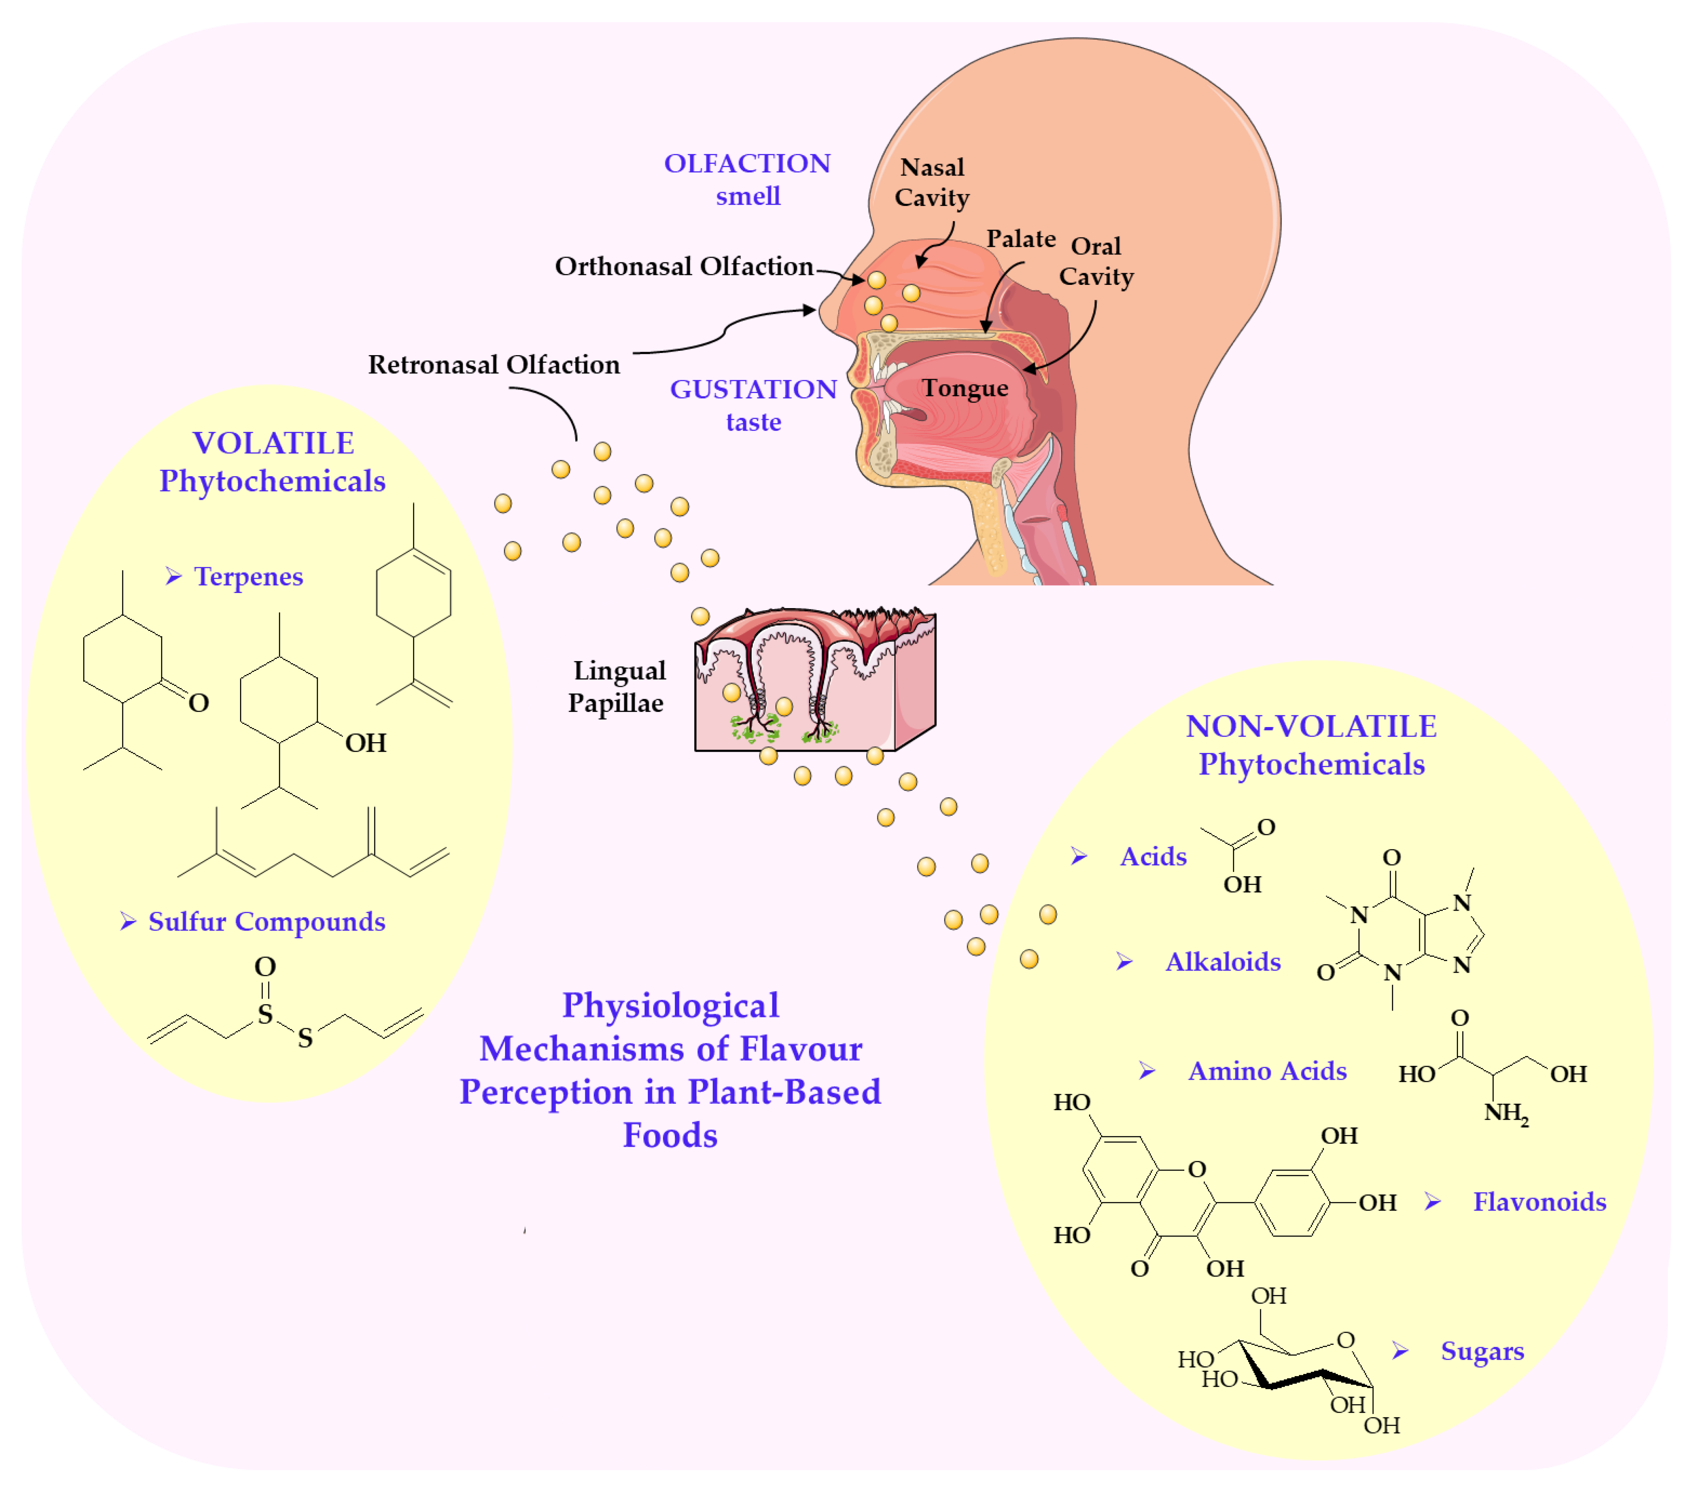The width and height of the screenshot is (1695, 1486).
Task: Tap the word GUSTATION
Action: (753, 389)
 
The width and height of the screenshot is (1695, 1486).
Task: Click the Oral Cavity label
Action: (1096, 261)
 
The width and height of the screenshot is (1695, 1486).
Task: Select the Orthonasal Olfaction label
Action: (684, 266)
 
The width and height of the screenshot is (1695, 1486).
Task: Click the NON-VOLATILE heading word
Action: (1310, 727)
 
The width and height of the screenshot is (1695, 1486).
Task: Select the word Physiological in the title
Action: (670, 1005)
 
